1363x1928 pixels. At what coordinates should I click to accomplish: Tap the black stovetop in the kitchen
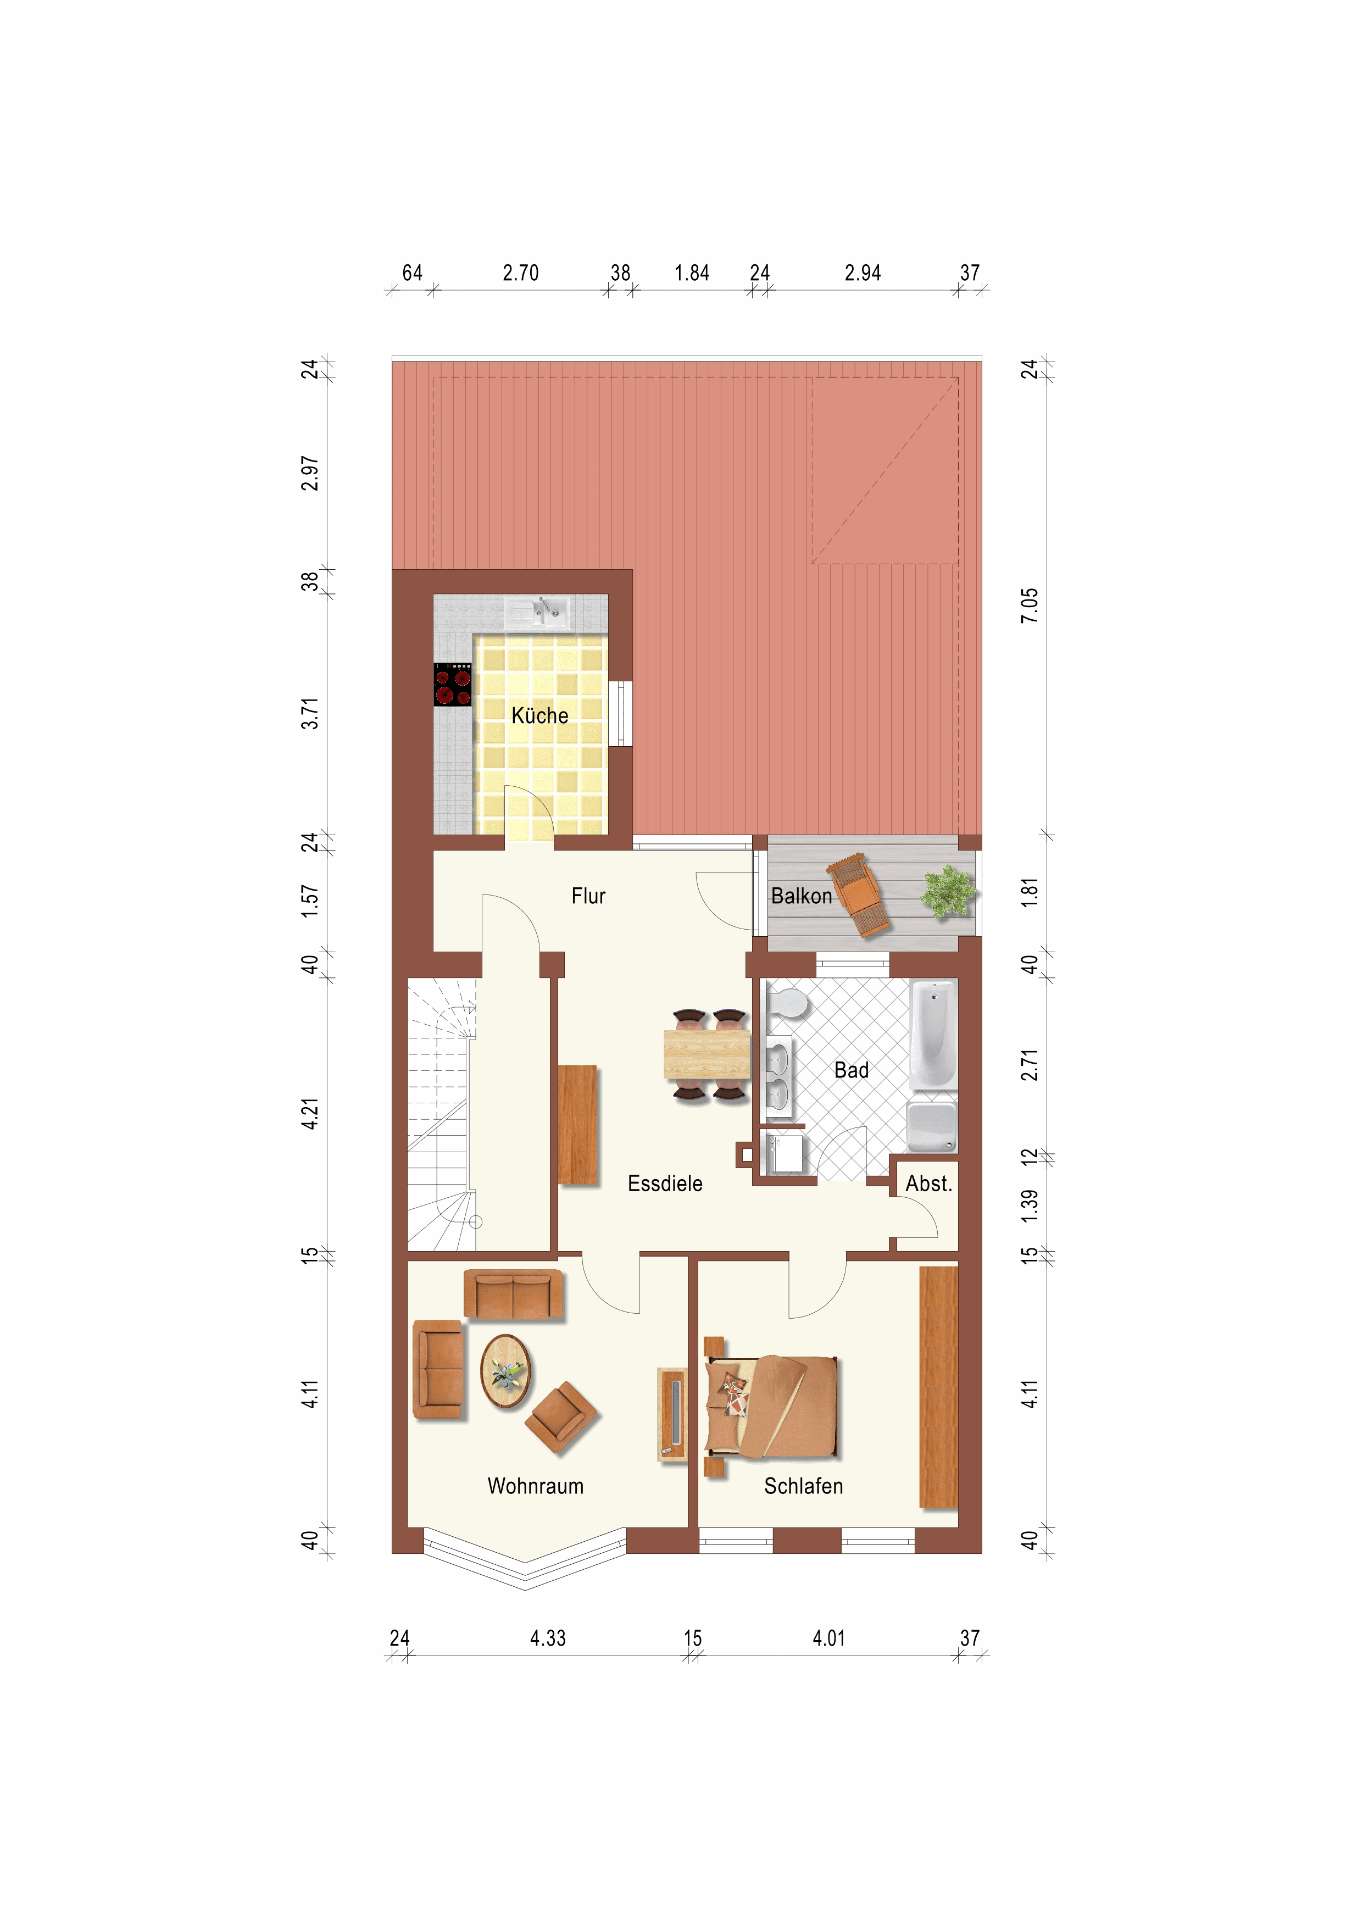coord(453,685)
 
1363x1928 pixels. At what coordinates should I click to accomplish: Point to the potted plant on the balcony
coord(948,891)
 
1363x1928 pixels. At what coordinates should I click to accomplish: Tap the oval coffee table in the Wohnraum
coord(505,1371)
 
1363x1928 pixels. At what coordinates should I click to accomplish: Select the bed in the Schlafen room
coord(772,1407)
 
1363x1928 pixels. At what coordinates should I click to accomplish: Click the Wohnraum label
coord(535,1486)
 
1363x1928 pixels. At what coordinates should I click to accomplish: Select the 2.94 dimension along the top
coord(863,273)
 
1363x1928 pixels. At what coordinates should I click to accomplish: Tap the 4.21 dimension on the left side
coord(310,1114)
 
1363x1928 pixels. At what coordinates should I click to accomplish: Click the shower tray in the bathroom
coord(932,1126)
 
